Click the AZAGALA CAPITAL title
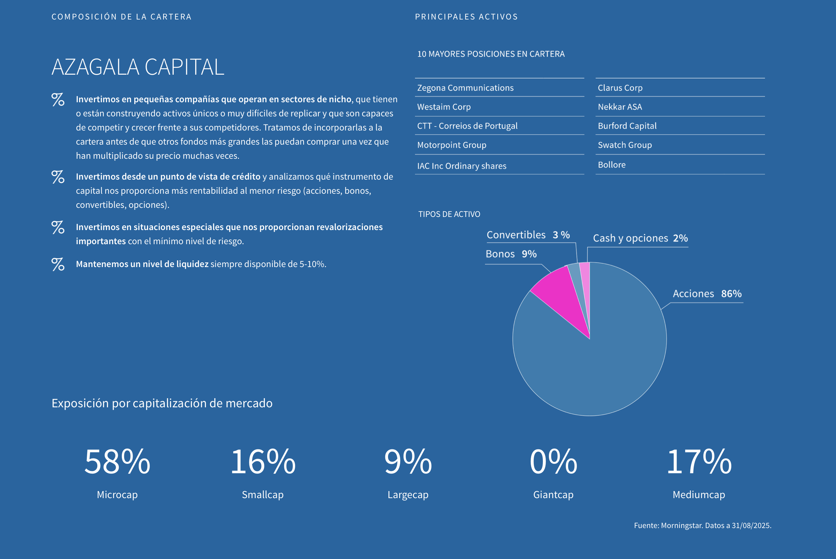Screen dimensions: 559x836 tap(138, 67)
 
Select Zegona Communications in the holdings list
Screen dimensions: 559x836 tap(465, 88)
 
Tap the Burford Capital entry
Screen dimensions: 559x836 tap(627, 126)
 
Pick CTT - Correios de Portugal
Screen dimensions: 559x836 tap(467, 126)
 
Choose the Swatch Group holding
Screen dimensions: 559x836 tap(625, 145)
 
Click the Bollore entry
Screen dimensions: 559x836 tap(611, 165)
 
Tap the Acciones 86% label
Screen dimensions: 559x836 tap(707, 294)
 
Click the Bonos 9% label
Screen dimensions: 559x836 tap(511, 254)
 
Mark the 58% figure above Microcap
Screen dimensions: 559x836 tap(117, 462)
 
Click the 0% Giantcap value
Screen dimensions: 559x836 tap(553, 462)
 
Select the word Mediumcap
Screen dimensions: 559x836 tap(699, 495)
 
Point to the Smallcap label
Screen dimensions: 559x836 tap(263, 495)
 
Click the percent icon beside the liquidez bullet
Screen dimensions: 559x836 tap(58, 264)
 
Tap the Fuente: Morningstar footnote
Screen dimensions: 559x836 tap(702, 525)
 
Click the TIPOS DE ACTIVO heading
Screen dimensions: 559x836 tap(449, 214)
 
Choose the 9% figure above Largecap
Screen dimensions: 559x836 tap(408, 462)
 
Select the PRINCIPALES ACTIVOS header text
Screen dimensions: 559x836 tap(466, 17)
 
